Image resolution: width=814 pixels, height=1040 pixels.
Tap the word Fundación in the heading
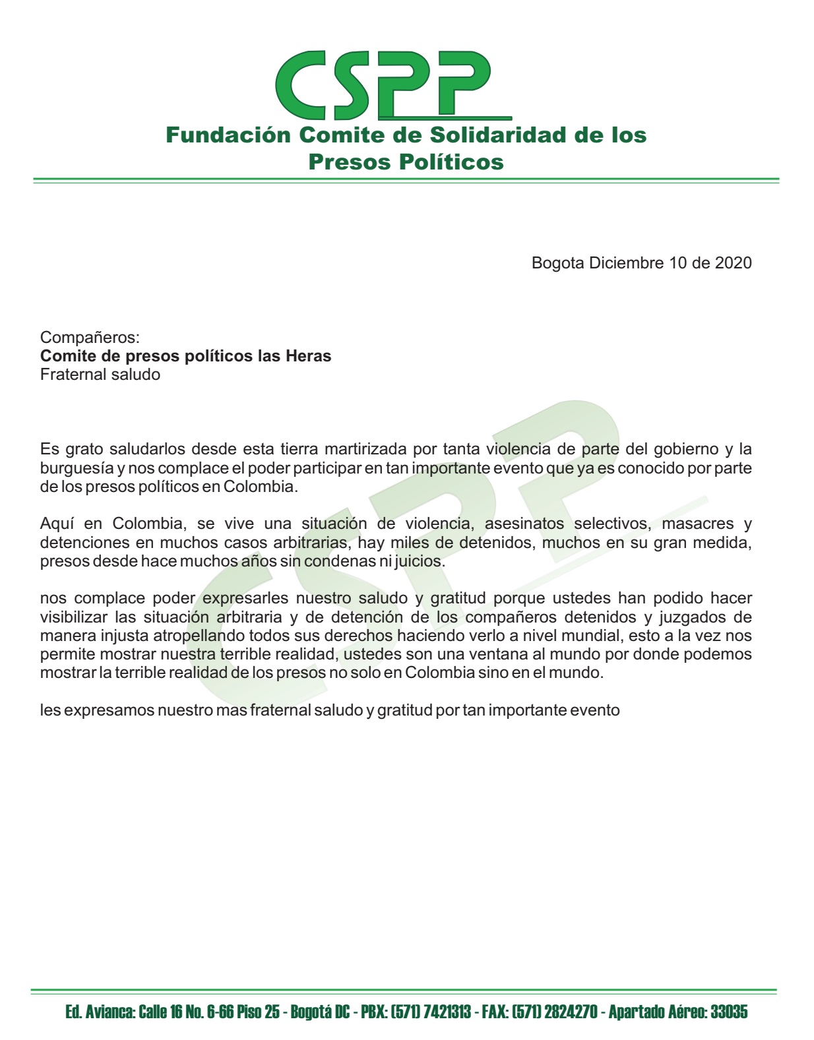(228, 135)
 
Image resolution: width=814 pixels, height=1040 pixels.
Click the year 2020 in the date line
(733, 263)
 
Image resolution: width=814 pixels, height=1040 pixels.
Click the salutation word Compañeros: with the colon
(90, 338)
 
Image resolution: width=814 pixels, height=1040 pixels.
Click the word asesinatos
(524, 524)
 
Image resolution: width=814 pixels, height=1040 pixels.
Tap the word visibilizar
(73, 618)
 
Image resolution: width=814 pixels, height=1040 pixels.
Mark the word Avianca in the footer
(110, 1012)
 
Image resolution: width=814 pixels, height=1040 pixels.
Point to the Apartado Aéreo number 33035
(728, 1012)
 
